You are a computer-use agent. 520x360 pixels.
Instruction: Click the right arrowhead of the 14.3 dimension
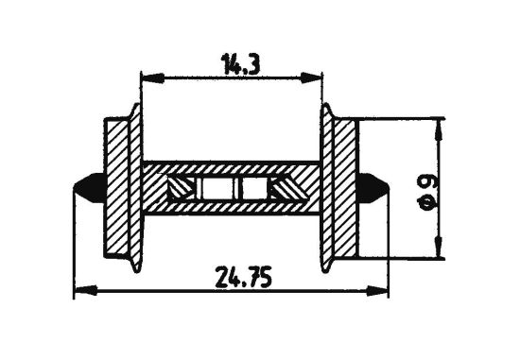318,75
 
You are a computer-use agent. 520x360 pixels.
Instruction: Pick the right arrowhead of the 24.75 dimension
382,288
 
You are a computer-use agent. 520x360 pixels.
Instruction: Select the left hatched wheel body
117,186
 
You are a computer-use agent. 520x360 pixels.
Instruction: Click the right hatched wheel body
346,186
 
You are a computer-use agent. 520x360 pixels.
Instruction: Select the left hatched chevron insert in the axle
179,189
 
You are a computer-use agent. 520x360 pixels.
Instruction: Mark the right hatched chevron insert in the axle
285,189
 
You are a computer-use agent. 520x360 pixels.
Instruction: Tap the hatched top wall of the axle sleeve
232,167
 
